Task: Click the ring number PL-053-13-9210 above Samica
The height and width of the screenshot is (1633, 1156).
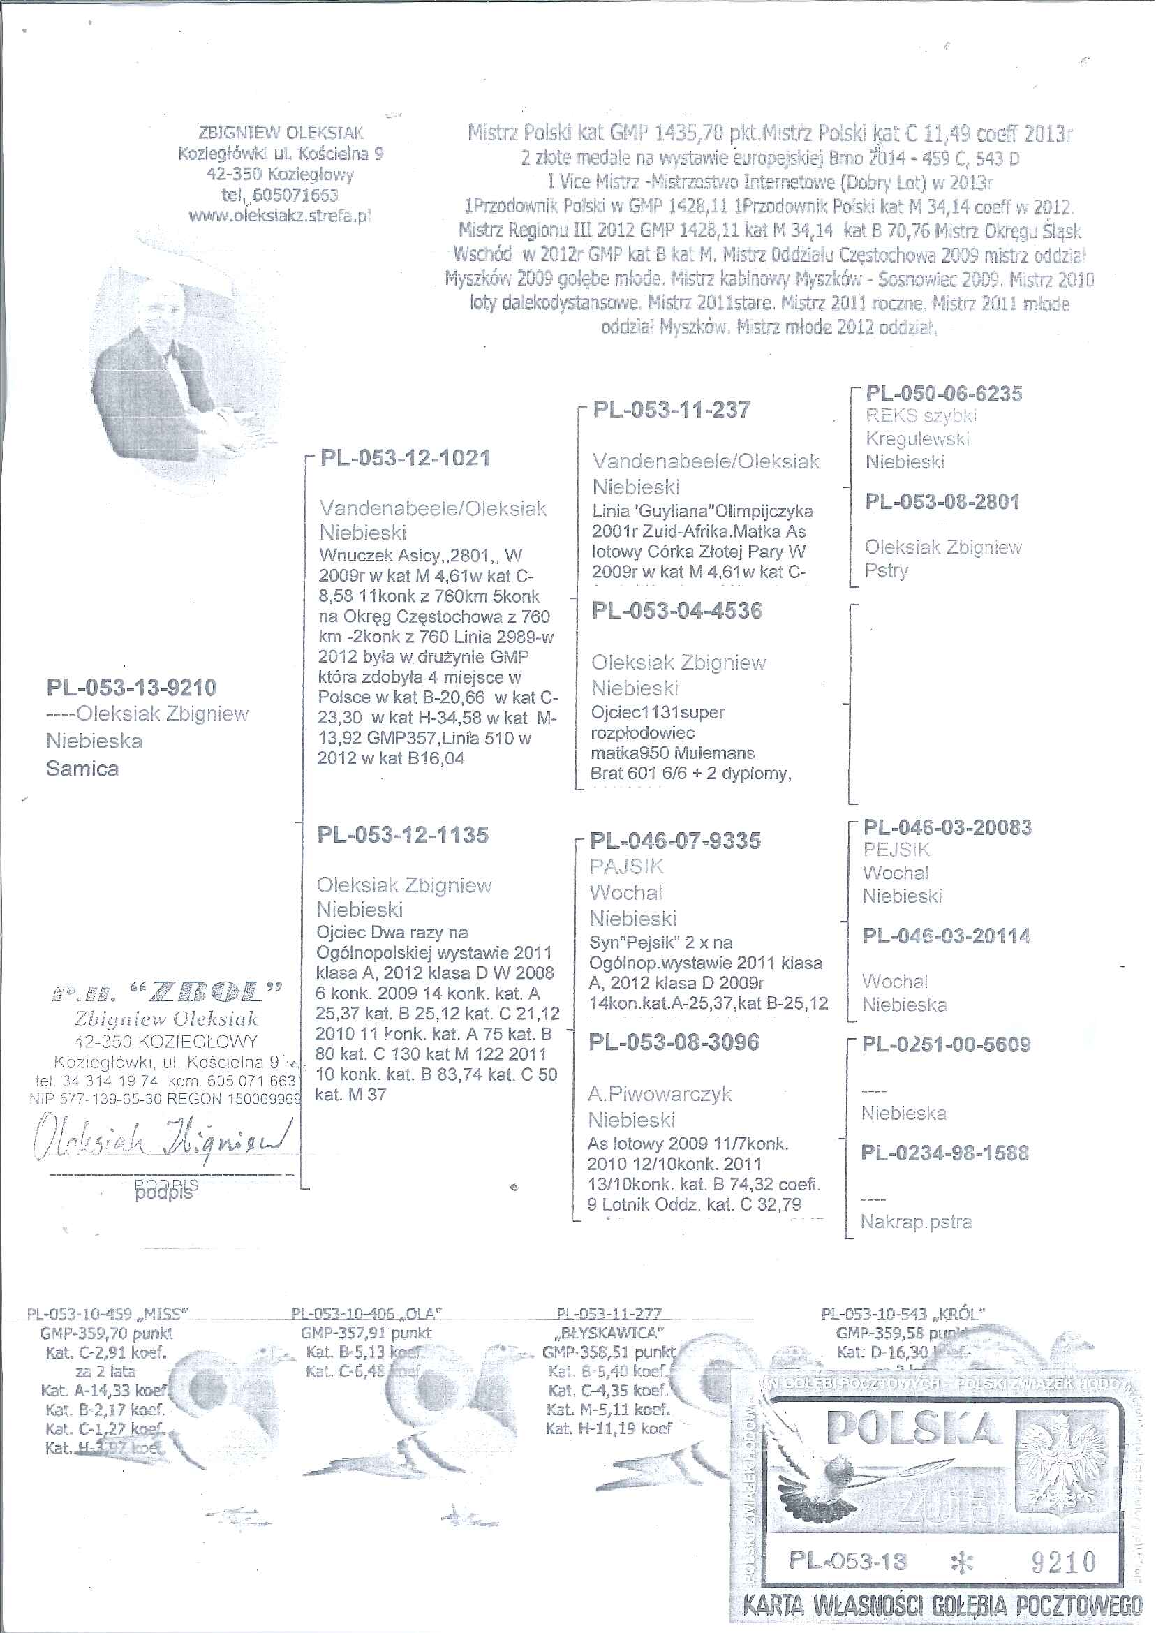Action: point(131,688)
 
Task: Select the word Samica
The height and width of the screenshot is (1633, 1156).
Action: point(82,769)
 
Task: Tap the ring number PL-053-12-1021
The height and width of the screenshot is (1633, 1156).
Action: point(405,458)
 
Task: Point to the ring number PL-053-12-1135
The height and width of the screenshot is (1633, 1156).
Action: point(403,834)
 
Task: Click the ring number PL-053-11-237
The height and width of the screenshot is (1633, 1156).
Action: point(672,409)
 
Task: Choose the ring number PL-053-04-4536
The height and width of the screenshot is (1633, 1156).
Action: point(676,610)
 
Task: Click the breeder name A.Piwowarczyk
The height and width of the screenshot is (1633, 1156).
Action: point(659,1093)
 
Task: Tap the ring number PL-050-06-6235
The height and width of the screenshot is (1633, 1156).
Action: point(943,393)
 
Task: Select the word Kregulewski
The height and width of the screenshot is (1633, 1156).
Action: point(917,438)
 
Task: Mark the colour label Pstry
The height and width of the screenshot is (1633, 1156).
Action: point(887,570)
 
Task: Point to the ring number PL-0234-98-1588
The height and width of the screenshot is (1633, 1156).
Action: point(944,1153)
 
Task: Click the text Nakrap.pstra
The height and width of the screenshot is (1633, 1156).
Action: point(915,1222)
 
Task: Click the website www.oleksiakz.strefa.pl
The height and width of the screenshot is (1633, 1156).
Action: point(280,215)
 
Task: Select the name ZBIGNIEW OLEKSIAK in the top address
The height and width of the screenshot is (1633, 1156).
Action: point(281,133)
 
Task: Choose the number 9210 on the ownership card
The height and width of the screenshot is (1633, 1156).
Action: point(1063,1562)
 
